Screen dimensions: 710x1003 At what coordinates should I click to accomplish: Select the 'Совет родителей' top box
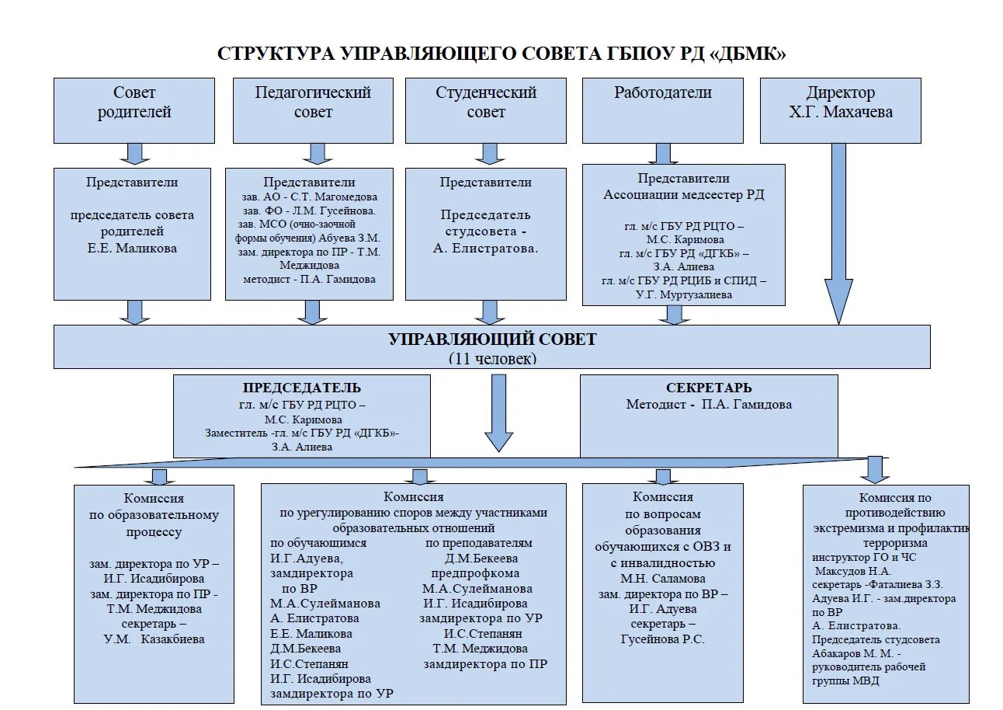134,110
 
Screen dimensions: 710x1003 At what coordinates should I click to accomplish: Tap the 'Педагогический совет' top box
313,110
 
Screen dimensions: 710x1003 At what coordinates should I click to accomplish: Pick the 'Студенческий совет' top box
486,110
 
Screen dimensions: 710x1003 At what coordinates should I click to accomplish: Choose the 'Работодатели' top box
663,110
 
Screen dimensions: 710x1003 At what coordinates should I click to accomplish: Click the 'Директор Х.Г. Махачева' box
840,110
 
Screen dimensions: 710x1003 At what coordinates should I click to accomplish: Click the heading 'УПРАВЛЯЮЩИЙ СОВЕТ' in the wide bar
492,339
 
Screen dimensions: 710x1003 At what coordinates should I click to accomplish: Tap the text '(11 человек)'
492,359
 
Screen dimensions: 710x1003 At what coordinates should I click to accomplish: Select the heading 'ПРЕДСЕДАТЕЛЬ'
302,388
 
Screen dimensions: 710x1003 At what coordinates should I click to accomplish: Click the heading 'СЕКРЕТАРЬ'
709,388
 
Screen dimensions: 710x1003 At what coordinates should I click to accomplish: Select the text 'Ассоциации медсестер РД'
684,194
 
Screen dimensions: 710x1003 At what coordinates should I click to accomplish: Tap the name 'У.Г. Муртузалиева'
683,294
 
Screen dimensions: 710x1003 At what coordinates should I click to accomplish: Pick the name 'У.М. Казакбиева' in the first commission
154,639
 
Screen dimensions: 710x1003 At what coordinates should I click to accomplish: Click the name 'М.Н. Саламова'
663,579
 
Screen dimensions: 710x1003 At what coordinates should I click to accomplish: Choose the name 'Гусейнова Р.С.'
663,639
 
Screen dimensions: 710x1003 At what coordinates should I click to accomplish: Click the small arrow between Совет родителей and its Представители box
135,154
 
